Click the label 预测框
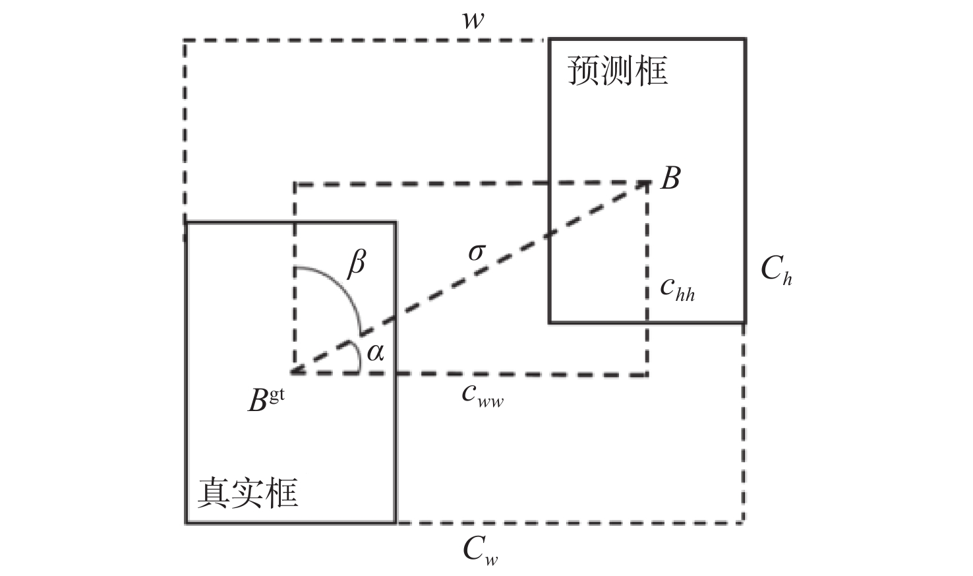pos(617,71)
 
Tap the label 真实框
pos(248,492)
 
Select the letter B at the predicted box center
pos(670,178)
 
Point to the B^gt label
pos(266,400)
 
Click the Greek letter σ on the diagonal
pos(477,252)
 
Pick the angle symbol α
pos(375,352)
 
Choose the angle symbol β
pos(356,264)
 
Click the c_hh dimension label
pos(678,288)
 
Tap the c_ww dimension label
pos(483,394)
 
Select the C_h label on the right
pos(776,270)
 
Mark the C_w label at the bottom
pos(480,550)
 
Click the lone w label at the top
pos(473,20)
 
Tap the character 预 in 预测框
pos(583,71)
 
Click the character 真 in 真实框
pos(214,492)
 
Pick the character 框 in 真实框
pos(282,492)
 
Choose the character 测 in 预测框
pos(618,71)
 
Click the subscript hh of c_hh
pos(686,294)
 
